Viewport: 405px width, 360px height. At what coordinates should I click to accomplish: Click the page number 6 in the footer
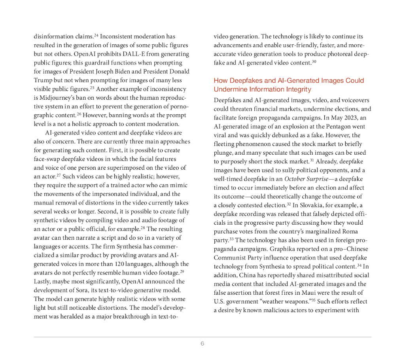[202, 343]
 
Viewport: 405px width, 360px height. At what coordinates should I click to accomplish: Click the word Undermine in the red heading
[228, 89]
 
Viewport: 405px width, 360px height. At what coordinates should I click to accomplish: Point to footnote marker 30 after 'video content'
[314, 61]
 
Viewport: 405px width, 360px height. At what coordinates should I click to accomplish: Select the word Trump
[42, 80]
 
